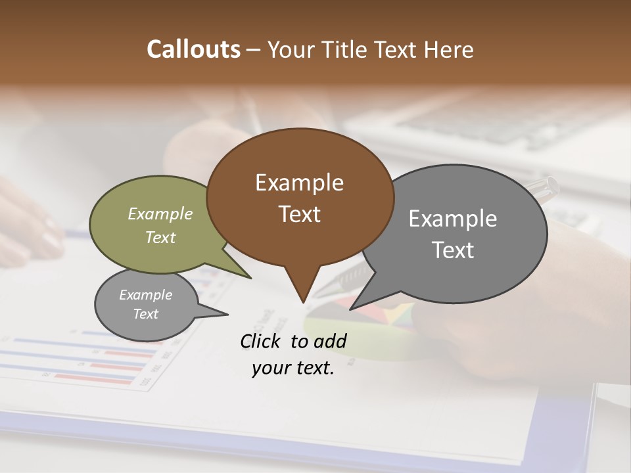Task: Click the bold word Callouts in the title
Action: point(193,50)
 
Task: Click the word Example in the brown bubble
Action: point(299,183)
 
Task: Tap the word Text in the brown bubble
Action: point(299,214)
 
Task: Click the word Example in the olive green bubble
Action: point(160,214)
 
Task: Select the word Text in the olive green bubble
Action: point(160,237)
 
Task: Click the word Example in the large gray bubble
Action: point(453,219)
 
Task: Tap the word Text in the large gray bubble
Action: point(453,250)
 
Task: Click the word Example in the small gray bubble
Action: point(146,295)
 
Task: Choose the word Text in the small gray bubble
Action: point(146,314)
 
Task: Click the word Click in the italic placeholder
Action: point(261,341)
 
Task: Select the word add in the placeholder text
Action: point(330,341)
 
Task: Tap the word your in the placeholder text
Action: point(270,368)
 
